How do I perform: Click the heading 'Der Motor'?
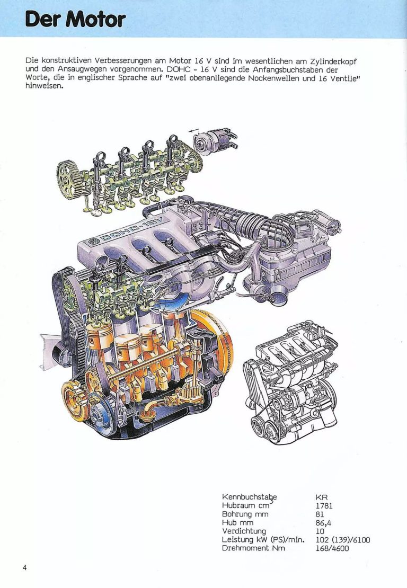coord(75,19)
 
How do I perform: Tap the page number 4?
coord(25,567)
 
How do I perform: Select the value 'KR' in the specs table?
coord(322,497)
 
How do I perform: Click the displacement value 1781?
coord(324,506)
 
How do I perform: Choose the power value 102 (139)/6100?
coord(342,540)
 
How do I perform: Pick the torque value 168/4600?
coord(332,548)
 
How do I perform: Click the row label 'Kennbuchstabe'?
coord(249,497)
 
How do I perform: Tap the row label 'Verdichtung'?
coord(244,531)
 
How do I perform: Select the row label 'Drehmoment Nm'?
coord(253,548)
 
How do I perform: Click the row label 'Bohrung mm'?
coord(245,514)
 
